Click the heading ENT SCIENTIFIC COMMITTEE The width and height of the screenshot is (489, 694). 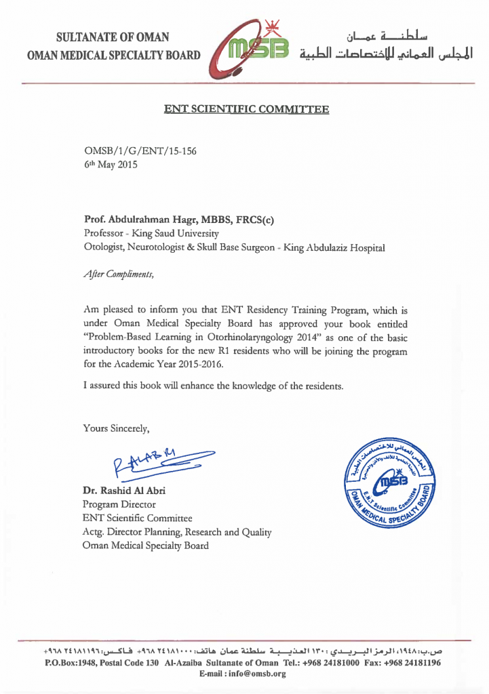coord(246,108)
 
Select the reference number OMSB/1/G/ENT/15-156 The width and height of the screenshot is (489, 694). coord(140,151)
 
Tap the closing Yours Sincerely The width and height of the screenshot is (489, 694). coord(115,428)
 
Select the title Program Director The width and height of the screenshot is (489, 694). coord(119,504)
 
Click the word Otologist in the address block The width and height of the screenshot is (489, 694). coord(103,248)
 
